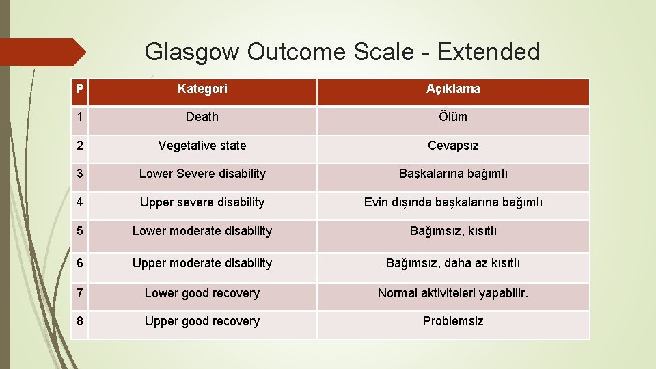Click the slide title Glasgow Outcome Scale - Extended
coord(342,52)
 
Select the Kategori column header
coord(202,89)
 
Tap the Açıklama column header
coord(453,89)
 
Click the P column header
coord(80,89)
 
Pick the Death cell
coord(202,117)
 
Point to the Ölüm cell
coord(453,117)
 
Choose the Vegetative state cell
coord(202,146)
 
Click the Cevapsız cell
coord(453,146)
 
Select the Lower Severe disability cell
coord(202,174)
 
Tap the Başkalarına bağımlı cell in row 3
coord(453,174)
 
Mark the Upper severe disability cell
coord(202,202)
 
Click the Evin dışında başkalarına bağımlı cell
coord(453,202)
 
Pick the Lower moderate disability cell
coord(202,231)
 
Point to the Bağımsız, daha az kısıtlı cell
coord(453,263)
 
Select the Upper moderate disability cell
coord(202,263)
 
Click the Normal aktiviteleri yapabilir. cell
coord(453,293)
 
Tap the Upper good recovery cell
coord(202,321)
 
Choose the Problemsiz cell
coord(453,321)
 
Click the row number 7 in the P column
coord(80,293)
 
